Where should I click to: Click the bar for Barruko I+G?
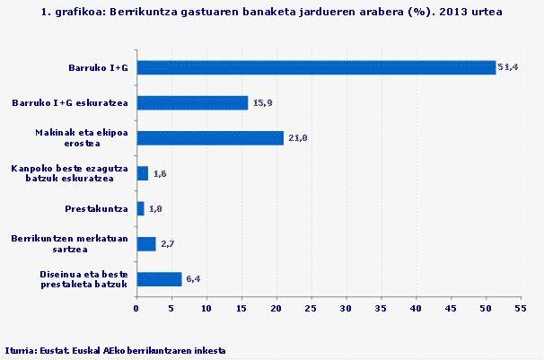(x=315, y=67)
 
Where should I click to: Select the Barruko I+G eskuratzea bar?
(x=191, y=103)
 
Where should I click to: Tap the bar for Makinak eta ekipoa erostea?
(x=209, y=138)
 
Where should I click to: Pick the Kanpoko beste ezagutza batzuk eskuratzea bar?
(x=142, y=173)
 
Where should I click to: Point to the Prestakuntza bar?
(x=140, y=208)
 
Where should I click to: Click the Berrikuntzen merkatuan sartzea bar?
(x=145, y=243)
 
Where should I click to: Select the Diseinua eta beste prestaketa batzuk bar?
(x=159, y=278)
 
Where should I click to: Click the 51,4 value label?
(x=509, y=68)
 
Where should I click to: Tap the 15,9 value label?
(x=261, y=103)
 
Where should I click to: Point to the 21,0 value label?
(x=297, y=138)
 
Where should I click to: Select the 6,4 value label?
(x=194, y=279)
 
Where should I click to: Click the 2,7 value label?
(x=167, y=244)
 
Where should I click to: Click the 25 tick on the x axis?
(x=311, y=310)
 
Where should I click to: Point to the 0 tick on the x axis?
(x=136, y=310)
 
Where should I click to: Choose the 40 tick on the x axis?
(x=415, y=310)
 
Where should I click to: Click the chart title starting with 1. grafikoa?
(x=271, y=13)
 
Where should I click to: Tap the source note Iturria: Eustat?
(x=115, y=349)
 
